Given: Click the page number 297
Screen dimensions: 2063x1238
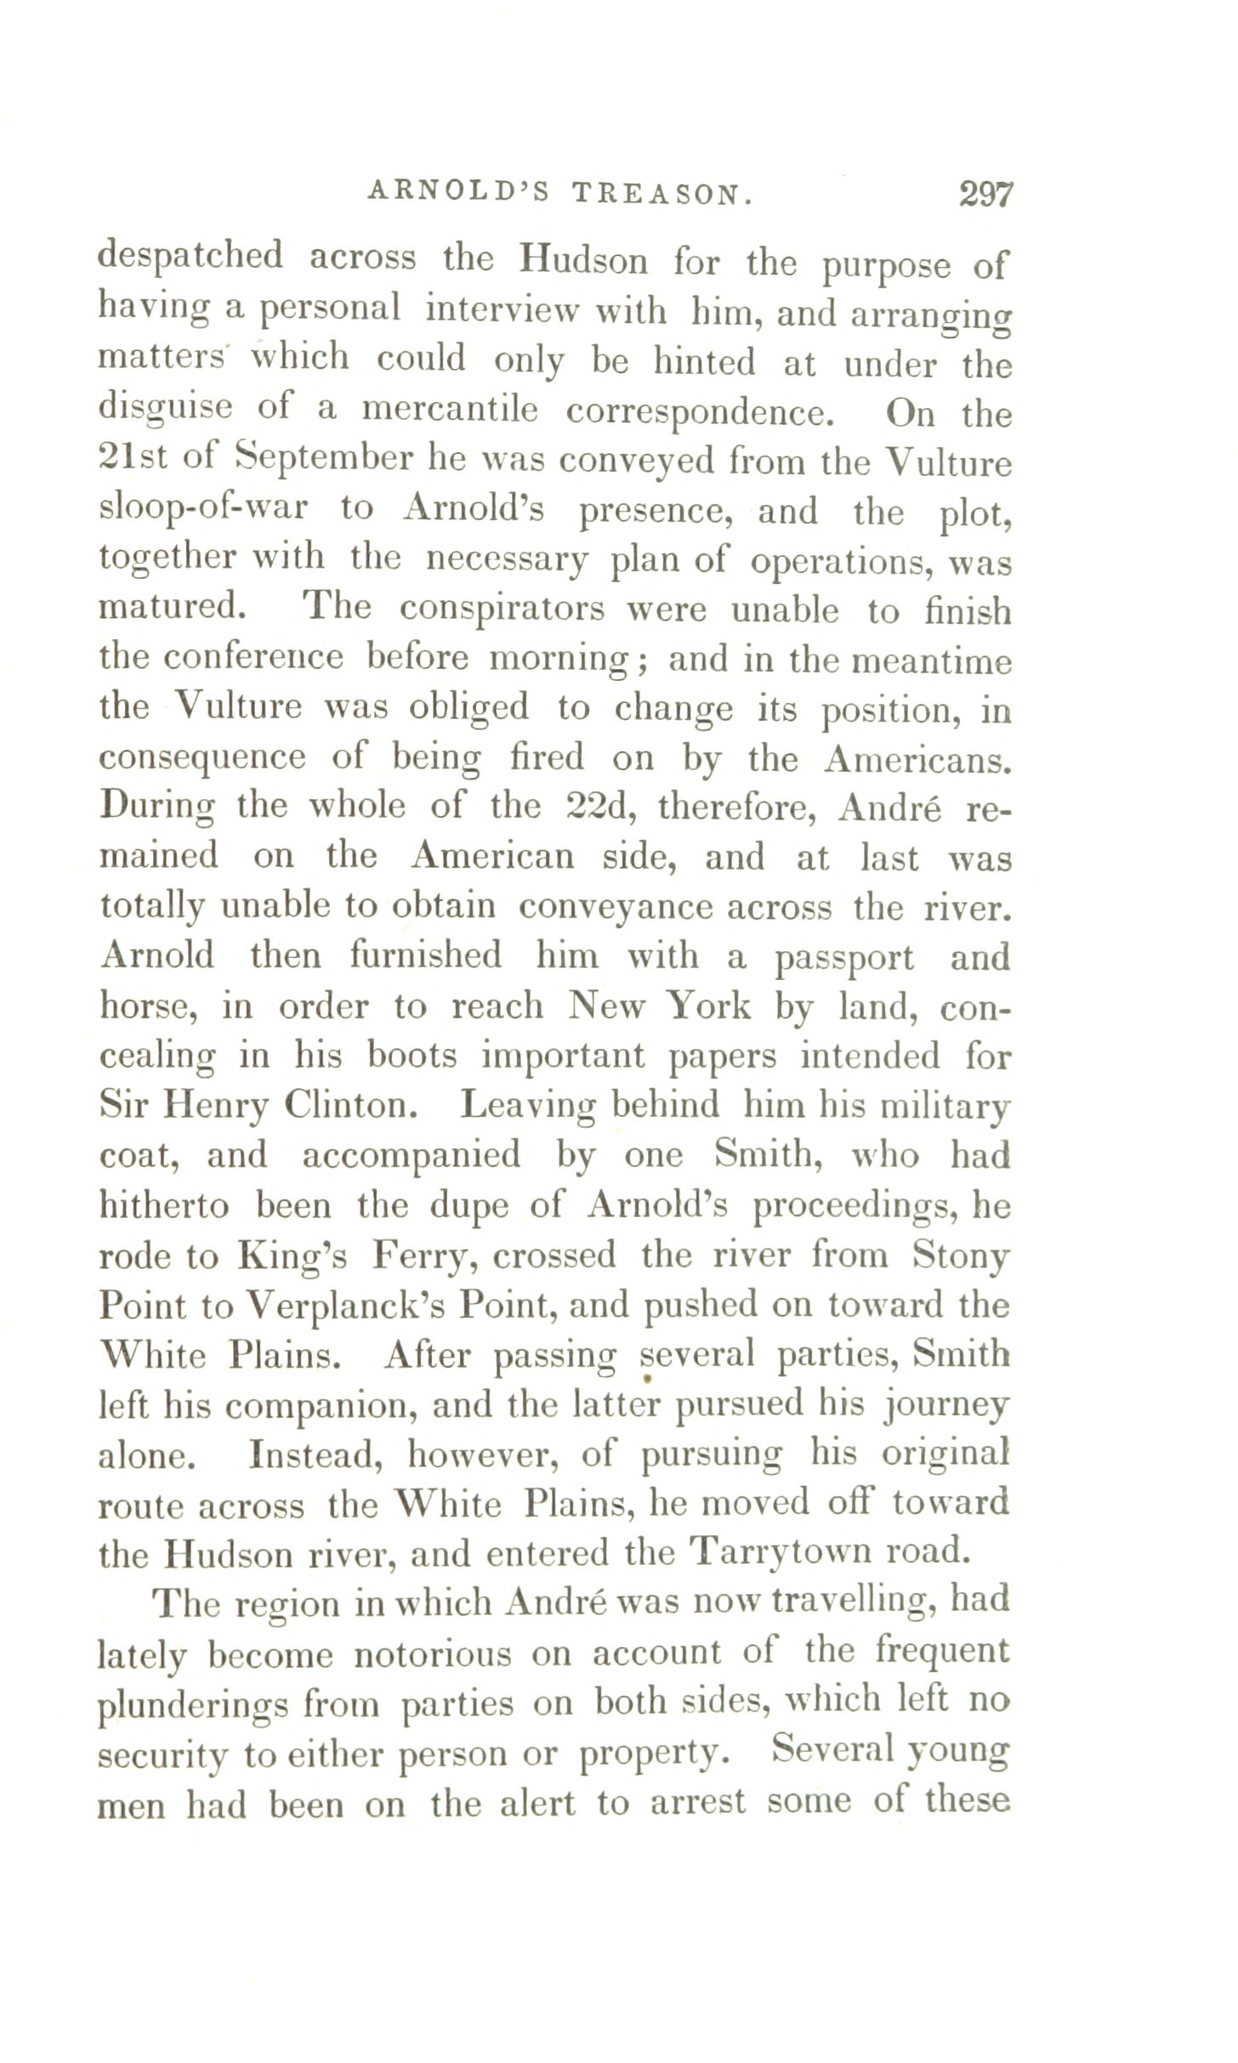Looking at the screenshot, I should click(986, 195).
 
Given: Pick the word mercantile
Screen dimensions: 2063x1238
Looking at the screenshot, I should click(450, 411).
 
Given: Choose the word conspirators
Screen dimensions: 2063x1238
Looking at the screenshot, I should click(502, 609).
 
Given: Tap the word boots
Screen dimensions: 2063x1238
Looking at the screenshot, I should click(412, 1055).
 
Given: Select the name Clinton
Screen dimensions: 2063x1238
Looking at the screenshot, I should click(356, 1104).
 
